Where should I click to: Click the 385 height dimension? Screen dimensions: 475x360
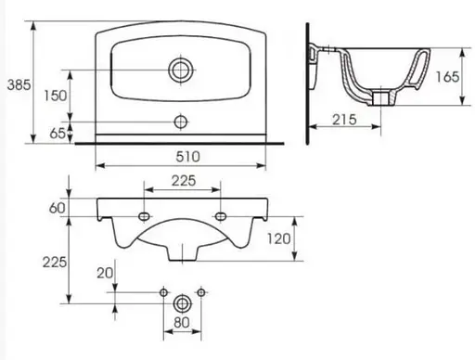point(19,84)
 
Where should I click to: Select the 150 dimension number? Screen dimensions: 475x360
point(56,96)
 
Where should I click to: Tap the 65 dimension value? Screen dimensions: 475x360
point(58,134)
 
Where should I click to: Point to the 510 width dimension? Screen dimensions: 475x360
point(188,157)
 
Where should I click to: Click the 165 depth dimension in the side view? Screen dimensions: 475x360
point(447,77)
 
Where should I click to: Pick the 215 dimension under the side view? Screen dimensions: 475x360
point(344,120)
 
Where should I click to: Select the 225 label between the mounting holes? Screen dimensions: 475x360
point(184,181)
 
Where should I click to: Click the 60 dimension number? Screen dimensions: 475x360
point(58,208)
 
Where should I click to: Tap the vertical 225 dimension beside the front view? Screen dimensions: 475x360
point(55,263)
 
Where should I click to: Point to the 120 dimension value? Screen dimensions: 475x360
point(279,238)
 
